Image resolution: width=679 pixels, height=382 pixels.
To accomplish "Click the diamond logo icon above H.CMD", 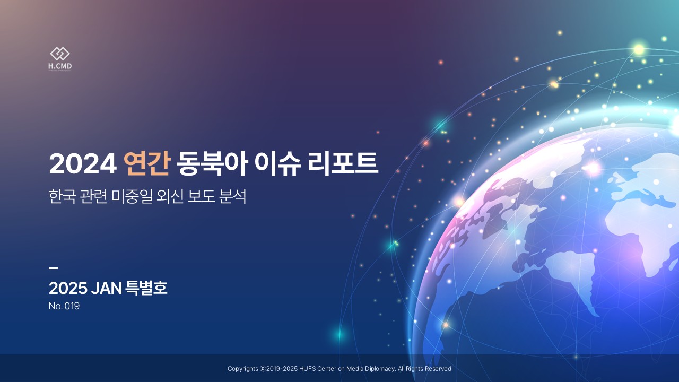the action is [60, 54].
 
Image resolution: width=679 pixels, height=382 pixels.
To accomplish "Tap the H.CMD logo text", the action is [60, 66].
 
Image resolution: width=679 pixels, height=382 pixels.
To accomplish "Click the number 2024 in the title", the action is [83, 164].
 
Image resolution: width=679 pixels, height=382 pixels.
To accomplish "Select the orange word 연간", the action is [146, 163].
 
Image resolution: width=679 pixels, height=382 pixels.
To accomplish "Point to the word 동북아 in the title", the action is [213, 163].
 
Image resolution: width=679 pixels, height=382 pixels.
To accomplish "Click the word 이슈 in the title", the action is [278, 163].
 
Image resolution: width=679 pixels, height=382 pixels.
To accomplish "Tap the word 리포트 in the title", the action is [343, 163].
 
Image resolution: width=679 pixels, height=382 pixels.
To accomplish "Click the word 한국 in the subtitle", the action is [62, 196].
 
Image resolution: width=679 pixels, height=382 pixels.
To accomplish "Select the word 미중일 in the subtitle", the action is [132, 196].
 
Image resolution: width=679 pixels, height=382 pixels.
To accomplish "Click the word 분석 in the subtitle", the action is [232, 196].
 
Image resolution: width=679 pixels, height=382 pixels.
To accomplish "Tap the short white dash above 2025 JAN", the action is [54, 268].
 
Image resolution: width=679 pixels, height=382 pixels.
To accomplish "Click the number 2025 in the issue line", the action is [68, 288].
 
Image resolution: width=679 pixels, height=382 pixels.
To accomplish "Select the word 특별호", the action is [146, 288].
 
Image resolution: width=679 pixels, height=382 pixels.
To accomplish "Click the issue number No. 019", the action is [64, 306].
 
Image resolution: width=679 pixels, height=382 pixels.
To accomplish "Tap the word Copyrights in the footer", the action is [243, 369].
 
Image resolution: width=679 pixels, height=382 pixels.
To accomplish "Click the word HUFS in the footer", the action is [307, 369].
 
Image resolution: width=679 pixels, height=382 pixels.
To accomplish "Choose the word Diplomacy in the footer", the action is [380, 369].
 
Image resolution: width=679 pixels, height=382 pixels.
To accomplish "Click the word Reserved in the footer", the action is [438, 369].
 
